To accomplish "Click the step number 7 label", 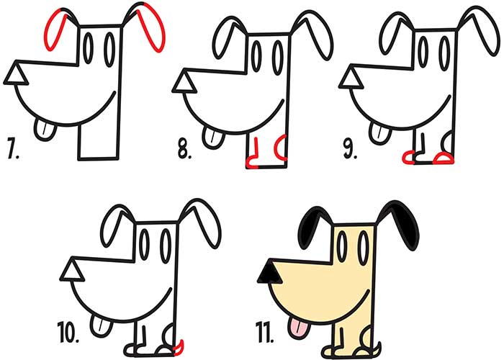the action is [12, 148].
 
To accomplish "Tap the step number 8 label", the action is [184, 149].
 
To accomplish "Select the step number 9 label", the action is [350, 149].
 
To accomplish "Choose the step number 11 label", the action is [264, 332].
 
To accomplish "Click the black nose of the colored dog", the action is [270, 273].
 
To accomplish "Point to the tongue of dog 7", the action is [45, 129].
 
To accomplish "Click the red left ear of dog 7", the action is [54, 30].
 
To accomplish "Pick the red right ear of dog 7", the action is [152, 27].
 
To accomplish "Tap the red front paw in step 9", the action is [408, 157].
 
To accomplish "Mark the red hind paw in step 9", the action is [444, 158].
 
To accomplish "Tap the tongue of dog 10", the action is [102, 325].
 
